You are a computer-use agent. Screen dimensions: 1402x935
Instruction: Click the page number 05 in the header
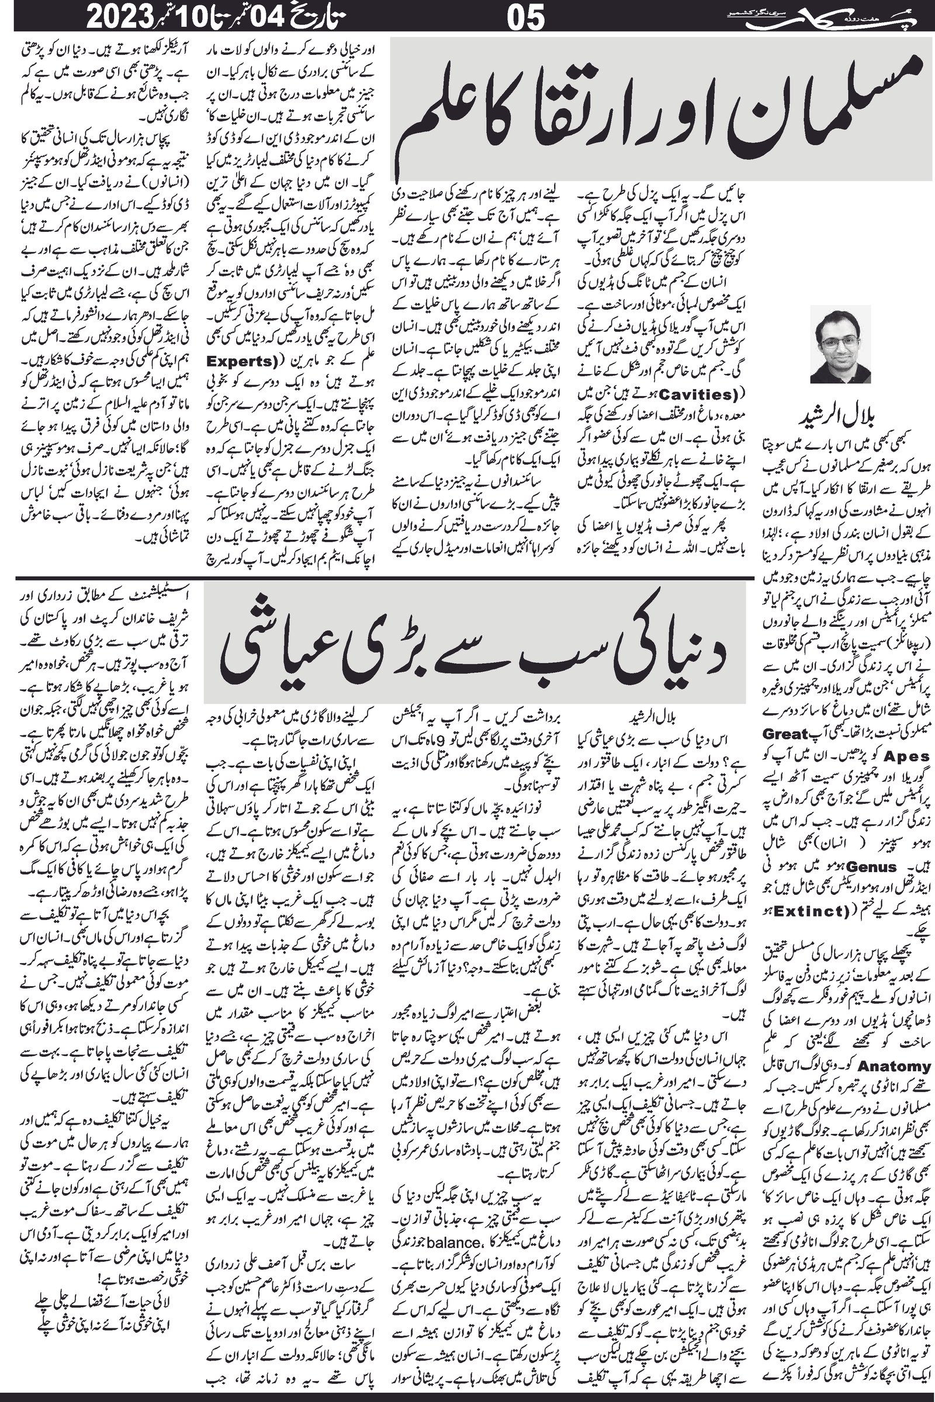(525, 17)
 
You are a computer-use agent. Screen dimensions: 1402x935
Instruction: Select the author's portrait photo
(840, 344)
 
